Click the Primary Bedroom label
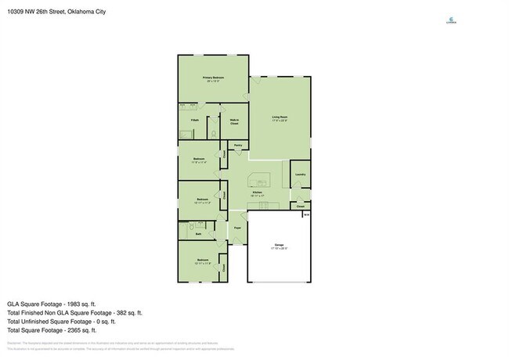[214, 77]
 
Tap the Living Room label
[280, 117]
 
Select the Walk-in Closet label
[233, 121]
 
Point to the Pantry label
[236, 146]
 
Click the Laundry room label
[300, 173]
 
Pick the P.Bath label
[194, 119]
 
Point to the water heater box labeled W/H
[306, 214]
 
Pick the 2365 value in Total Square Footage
[85, 329]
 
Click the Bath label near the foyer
[198, 233]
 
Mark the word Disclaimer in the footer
[15, 343]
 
